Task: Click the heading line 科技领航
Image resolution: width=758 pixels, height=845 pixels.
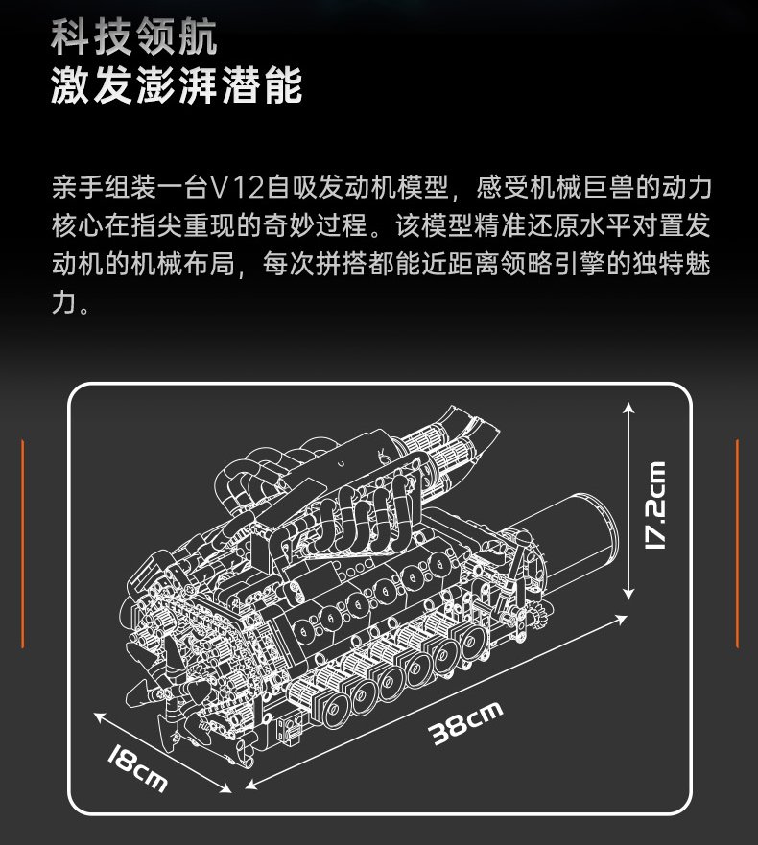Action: [134, 36]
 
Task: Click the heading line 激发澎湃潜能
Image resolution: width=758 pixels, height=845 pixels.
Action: [177, 85]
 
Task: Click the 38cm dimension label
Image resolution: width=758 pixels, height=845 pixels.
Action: [465, 722]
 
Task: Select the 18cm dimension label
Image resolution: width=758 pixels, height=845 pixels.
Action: [137, 767]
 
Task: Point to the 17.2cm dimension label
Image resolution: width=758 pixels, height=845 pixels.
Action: [655, 505]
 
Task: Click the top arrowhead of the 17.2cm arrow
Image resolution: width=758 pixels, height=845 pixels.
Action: [628, 408]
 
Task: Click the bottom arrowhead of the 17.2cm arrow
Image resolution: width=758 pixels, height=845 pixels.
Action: [628, 594]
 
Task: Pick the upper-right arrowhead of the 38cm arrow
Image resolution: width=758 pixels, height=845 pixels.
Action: [621, 619]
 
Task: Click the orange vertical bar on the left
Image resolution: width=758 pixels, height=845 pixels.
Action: [23, 544]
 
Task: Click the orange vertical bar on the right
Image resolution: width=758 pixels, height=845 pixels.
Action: [738, 544]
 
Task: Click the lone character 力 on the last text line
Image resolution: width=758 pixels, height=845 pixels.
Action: [63, 302]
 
